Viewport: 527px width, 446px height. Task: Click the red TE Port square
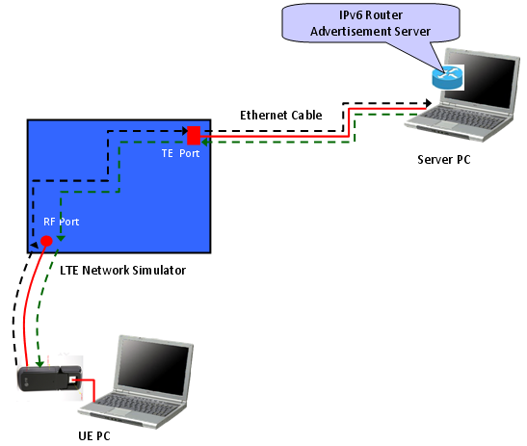194,136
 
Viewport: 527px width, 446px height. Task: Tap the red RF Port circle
46,241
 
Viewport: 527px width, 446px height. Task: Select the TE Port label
180,153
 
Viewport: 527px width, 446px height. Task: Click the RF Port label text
61,222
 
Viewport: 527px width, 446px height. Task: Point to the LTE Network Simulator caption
122,271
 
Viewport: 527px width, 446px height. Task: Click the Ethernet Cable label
281,116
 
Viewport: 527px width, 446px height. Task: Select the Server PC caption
443,159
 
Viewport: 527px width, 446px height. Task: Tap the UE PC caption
94,436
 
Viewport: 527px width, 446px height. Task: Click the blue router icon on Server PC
447,78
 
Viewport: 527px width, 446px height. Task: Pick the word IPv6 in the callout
351,15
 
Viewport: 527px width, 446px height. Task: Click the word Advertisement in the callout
351,31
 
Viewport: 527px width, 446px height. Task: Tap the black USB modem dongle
50,379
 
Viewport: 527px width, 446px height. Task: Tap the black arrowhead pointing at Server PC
428,103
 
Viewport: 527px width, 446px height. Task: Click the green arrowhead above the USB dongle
40,364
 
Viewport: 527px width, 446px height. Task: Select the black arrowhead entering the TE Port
185,131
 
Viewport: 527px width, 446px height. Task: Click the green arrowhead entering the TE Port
204,143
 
